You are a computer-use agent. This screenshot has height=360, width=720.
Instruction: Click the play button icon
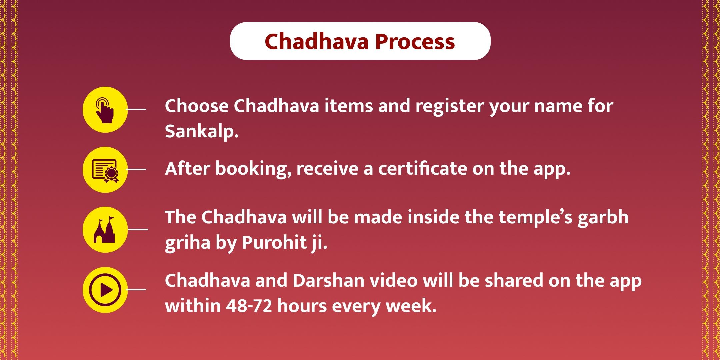pyautogui.click(x=105, y=290)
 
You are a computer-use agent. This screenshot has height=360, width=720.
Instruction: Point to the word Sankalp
pyautogui.click(x=202, y=132)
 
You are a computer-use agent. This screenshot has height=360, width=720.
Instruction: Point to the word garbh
pyautogui.click(x=603, y=218)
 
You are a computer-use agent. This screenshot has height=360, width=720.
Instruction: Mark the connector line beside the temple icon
pyautogui.click(x=138, y=229)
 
